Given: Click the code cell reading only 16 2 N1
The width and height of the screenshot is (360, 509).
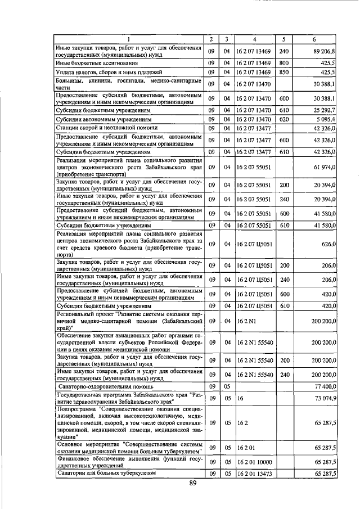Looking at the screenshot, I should click(x=246, y=320).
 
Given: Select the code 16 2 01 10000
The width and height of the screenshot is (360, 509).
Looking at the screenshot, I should click(x=254, y=461).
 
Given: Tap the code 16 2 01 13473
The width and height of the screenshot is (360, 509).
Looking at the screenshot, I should click(x=254, y=474).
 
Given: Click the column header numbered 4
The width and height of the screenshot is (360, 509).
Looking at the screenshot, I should click(x=254, y=39).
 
